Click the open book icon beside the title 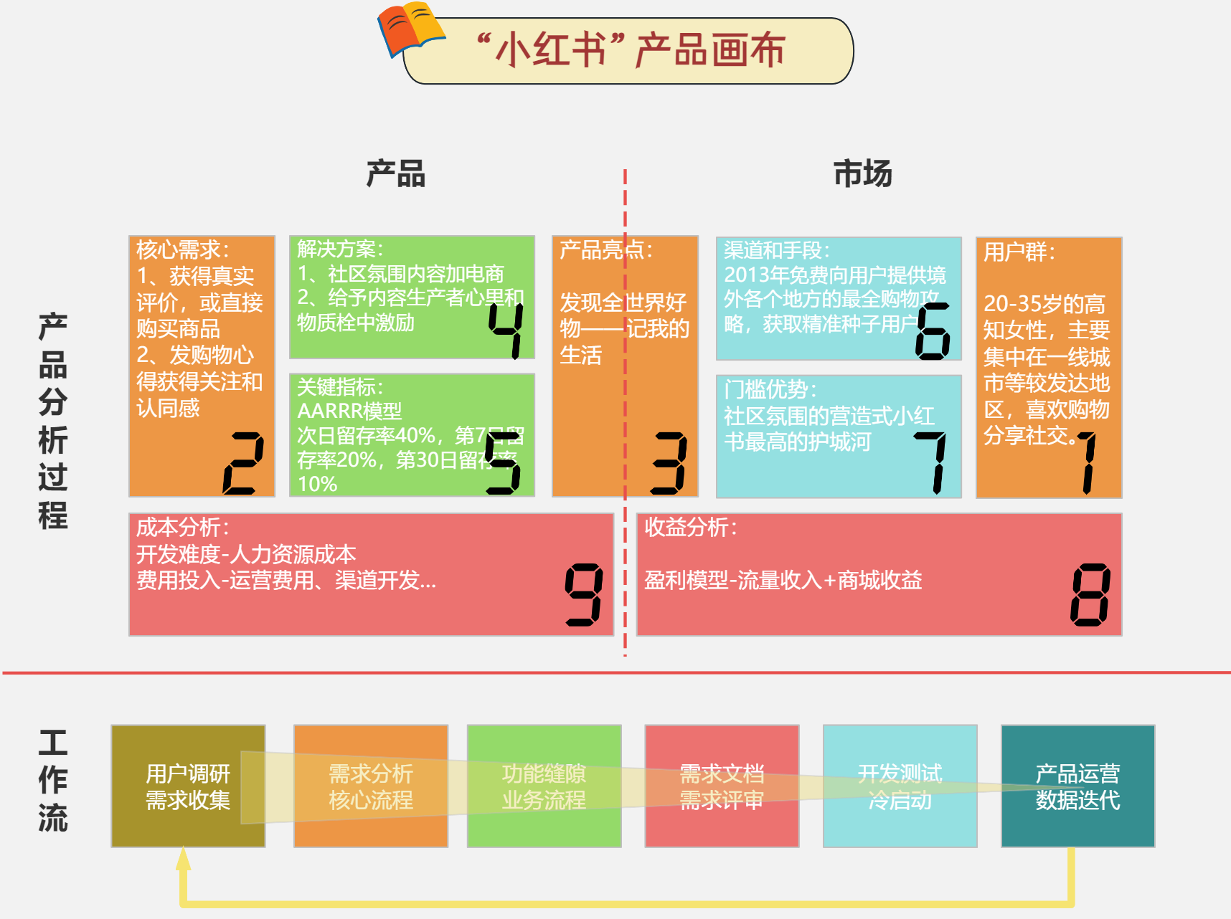click(411, 29)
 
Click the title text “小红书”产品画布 click(631, 50)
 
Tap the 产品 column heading click(396, 174)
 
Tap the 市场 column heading click(862, 174)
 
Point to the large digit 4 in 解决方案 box click(506, 329)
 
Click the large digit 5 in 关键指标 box click(503, 463)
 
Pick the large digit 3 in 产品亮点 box click(669, 463)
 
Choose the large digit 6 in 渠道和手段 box click(933, 330)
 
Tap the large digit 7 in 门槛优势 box click(933, 462)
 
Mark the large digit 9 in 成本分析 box click(584, 594)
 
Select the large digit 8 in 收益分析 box click(1090, 594)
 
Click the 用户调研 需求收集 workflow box click(188, 786)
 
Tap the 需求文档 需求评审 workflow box click(722, 786)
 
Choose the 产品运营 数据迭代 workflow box click(1077, 786)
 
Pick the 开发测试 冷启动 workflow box click(900, 786)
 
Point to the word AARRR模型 click(349, 411)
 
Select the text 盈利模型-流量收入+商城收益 click(783, 580)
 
